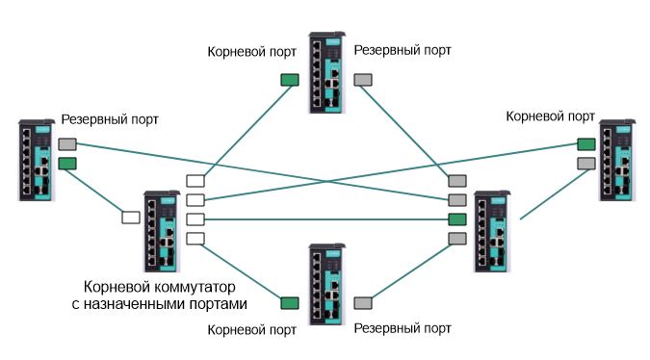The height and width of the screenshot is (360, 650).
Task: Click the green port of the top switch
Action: coord(289,81)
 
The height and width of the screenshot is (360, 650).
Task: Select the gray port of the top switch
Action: coord(364,81)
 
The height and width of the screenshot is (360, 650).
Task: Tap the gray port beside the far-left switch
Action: coord(67,144)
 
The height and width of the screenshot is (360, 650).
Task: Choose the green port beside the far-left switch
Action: coord(67,164)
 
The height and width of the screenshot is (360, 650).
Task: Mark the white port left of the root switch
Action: coord(130,217)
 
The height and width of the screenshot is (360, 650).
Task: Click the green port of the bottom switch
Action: coord(289,303)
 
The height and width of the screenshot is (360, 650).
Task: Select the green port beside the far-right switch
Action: coord(585,144)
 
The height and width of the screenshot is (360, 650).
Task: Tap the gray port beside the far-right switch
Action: coord(585,164)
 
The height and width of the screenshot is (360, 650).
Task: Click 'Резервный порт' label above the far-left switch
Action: coord(110,119)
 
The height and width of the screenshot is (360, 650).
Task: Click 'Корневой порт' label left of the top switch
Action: coord(252,48)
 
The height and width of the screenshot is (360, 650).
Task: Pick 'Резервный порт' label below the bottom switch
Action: coord(403,328)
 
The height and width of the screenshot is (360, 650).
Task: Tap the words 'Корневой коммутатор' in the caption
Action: coord(160,288)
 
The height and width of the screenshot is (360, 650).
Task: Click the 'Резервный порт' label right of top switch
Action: coord(403,48)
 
